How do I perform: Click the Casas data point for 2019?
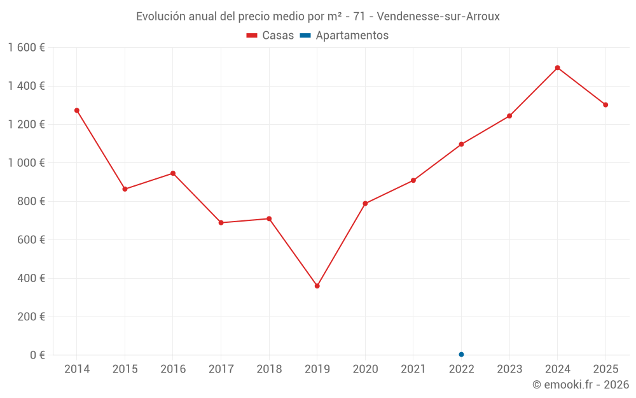[x=317, y=286]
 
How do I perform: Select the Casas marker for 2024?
[x=557, y=68]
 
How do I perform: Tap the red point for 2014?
[x=77, y=110]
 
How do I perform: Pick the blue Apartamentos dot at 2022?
[x=461, y=355]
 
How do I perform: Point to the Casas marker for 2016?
[x=173, y=173]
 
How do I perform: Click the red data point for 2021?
[x=413, y=180]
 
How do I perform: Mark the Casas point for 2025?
[x=605, y=105]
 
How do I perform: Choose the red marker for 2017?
[x=221, y=223]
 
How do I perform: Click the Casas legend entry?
[x=270, y=36]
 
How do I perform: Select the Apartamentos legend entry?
[x=344, y=36]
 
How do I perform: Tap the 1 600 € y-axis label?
[x=26, y=48]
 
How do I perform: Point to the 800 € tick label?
[x=30, y=201]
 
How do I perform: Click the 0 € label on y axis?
[x=37, y=355]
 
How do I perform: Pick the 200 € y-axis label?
[x=30, y=316]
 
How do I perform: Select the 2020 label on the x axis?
[x=365, y=369]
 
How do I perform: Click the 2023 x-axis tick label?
[x=509, y=369]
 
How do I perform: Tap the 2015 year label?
[x=125, y=369]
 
